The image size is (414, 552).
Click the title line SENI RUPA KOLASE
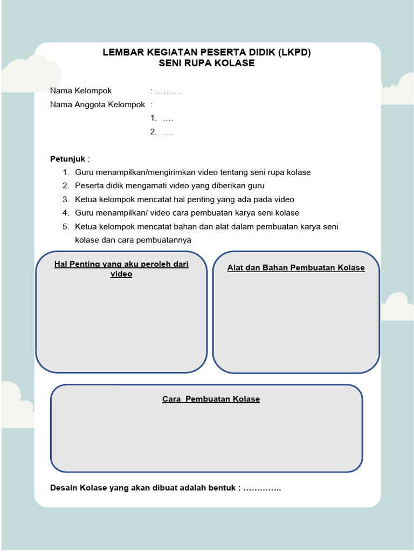point(207,63)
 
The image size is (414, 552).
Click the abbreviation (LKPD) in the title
point(293,52)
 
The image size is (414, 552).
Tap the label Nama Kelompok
point(81,91)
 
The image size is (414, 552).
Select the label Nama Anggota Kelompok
point(98,104)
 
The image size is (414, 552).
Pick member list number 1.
point(153,118)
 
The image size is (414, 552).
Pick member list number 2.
point(153,132)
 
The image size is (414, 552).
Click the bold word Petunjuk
point(68,159)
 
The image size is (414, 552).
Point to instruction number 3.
point(66,199)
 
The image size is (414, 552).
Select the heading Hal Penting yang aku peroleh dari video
point(121,269)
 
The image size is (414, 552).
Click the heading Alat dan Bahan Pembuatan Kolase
point(296,267)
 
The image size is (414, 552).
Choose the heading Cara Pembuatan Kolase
point(211,399)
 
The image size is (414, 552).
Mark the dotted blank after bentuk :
point(263,488)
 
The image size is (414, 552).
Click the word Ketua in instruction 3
point(86,199)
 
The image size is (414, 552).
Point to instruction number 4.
point(66,213)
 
